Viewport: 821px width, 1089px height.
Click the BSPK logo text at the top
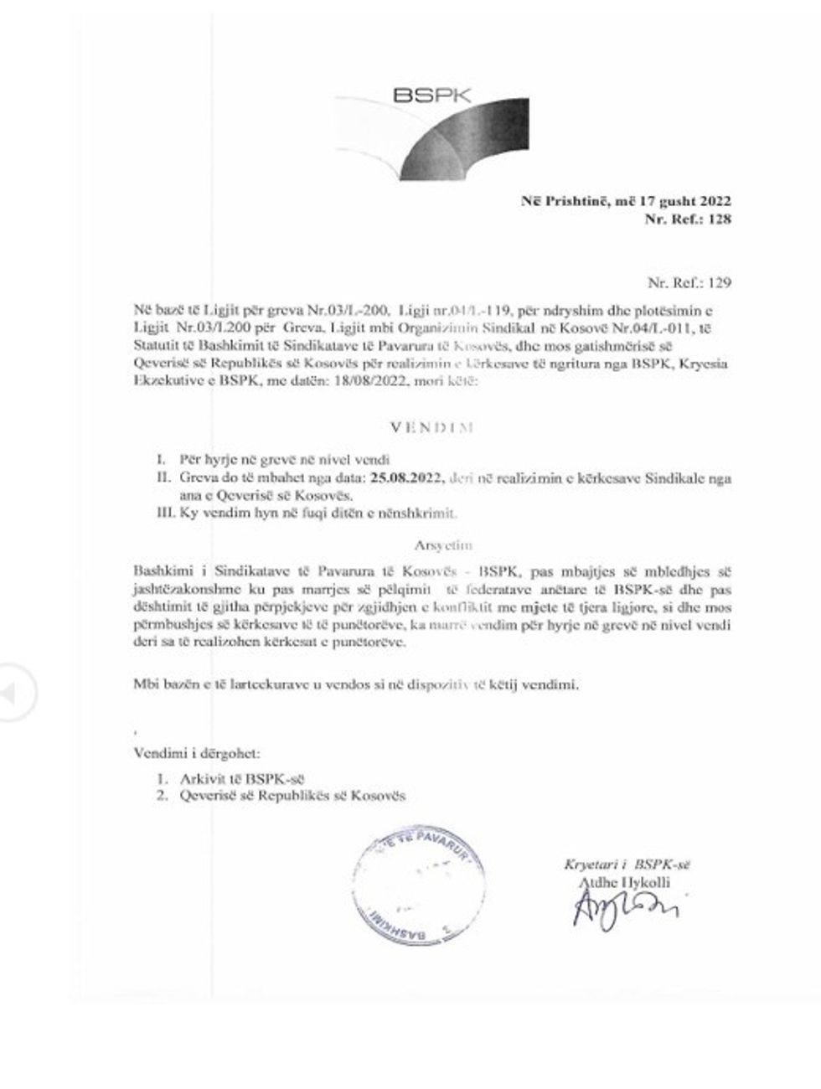433,94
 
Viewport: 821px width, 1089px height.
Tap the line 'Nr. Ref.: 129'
689,282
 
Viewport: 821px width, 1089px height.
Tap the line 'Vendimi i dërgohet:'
201,754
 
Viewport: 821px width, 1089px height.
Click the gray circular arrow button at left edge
16,694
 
